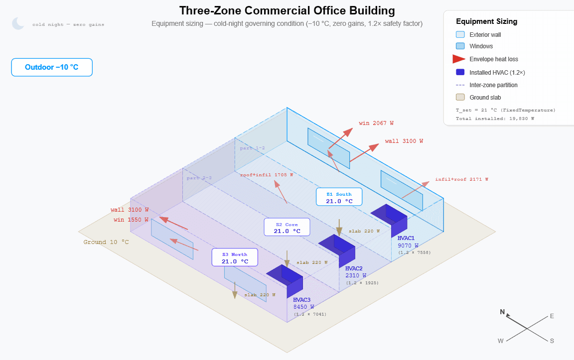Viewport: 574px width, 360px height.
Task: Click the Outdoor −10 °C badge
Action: pos(52,67)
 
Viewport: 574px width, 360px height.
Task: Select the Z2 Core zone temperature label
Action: pos(287,228)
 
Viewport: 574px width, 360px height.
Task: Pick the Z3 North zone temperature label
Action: pos(235,257)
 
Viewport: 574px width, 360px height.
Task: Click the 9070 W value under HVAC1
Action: pos(408,245)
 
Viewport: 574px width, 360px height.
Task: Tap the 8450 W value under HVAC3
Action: pos(303,307)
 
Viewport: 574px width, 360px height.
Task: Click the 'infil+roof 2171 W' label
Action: pos(461,179)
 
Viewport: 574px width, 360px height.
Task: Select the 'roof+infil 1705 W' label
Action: pos(267,175)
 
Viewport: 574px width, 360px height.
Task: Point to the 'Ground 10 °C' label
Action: pos(106,242)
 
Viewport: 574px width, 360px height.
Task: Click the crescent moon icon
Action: pos(18,23)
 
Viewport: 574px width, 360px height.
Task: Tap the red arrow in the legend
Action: pos(458,59)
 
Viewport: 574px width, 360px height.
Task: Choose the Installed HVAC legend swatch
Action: pos(460,72)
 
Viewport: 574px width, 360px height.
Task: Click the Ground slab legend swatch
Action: pos(460,98)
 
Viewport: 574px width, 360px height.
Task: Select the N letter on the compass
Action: pos(502,312)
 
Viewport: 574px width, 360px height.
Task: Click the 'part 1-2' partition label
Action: pos(252,148)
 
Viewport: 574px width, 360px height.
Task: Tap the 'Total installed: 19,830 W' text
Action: pos(495,119)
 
